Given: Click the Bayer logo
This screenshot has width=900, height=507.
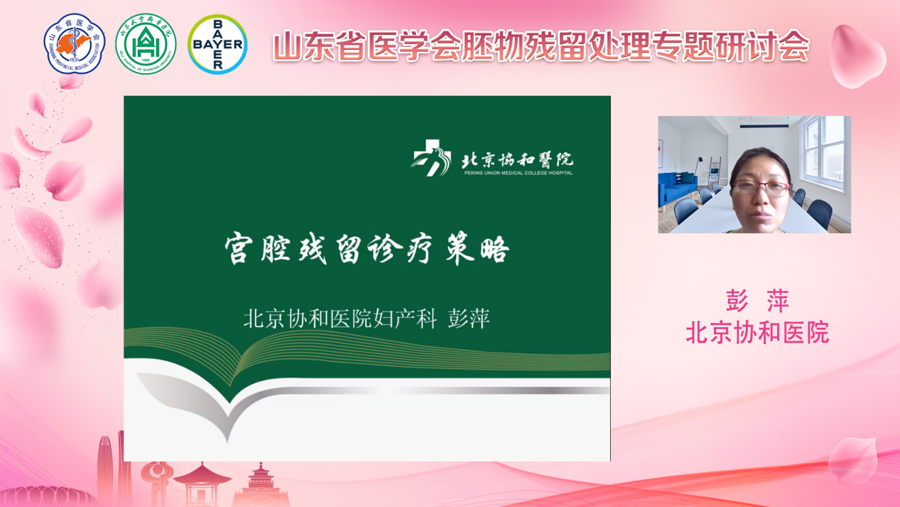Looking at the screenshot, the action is point(217,44).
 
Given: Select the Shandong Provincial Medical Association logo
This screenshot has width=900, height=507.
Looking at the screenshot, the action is point(75,43).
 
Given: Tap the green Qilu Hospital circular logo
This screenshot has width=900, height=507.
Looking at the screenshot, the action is point(146,44).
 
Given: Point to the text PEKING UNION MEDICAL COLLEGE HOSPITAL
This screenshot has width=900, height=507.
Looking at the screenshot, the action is point(519,173).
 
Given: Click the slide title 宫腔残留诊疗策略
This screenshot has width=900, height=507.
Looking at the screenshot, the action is point(367,249).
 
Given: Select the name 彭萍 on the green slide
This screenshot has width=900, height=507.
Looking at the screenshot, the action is point(469,319).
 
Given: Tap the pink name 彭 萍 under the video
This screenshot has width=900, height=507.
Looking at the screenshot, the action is point(757,300).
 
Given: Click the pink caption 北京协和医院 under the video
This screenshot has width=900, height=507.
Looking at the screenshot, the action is point(757,333).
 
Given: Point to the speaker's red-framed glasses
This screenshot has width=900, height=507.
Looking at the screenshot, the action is point(761,188).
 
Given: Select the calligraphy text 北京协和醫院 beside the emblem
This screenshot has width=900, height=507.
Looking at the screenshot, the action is point(518,159).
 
